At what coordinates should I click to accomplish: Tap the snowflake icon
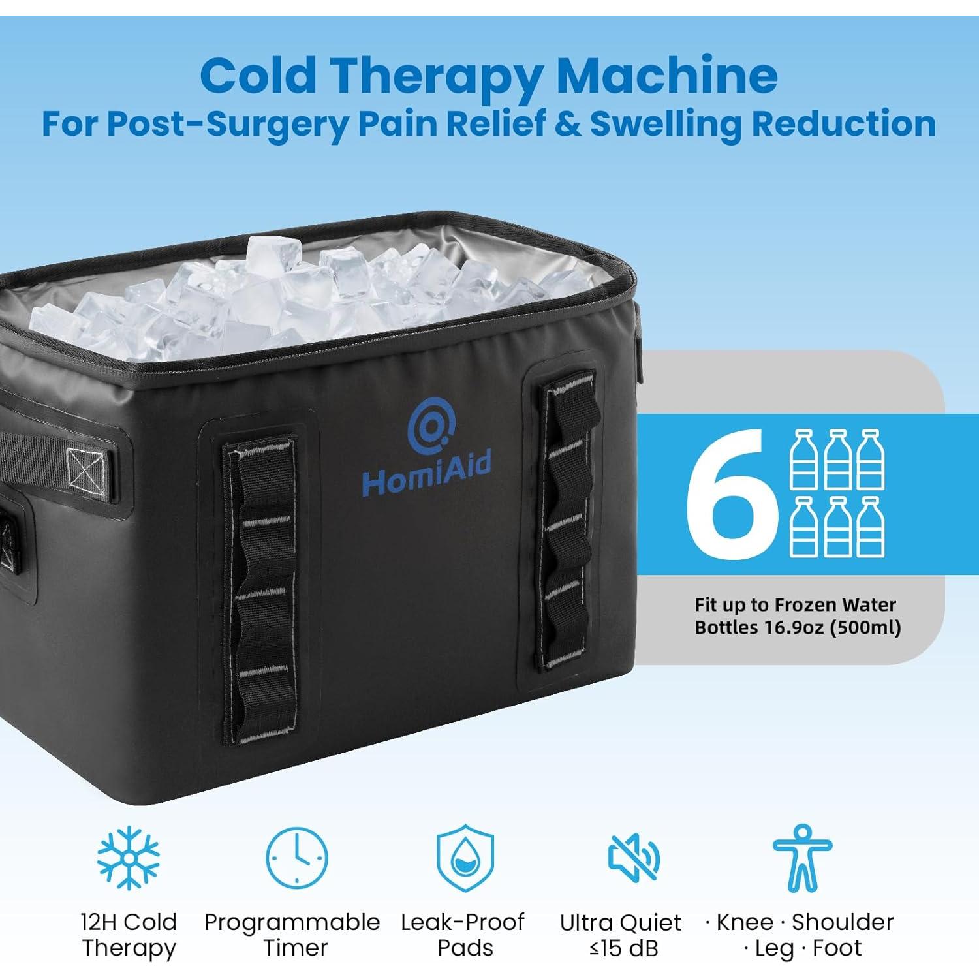(x=129, y=858)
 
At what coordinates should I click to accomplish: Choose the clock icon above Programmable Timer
(x=297, y=858)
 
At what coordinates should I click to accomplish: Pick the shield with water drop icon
(x=465, y=858)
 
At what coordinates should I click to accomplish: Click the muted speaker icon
(x=632, y=858)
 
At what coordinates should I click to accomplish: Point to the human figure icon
(x=802, y=858)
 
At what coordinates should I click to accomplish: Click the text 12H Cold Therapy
(x=129, y=935)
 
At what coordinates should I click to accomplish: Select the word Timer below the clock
(x=296, y=948)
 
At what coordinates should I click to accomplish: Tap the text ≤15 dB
(x=623, y=948)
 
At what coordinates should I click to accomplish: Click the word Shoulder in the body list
(x=842, y=922)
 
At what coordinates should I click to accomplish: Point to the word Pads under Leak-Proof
(x=465, y=948)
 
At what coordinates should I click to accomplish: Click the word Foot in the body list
(x=837, y=948)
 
